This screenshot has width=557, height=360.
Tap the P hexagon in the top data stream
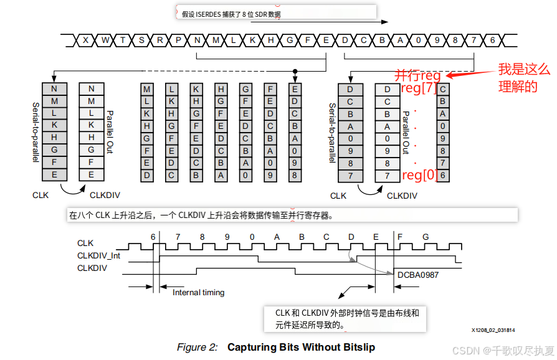178,40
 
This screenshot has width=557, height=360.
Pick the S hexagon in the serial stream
141,40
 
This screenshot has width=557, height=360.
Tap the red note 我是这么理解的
524,78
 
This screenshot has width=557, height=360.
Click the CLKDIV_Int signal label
99,255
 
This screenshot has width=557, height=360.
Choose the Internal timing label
198,292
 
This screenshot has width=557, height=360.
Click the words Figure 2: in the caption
197,347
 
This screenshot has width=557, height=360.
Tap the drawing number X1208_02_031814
497,330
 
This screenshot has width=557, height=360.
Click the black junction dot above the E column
295,71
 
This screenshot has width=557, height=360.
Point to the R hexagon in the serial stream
160,40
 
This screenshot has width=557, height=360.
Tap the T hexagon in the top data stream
123,40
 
